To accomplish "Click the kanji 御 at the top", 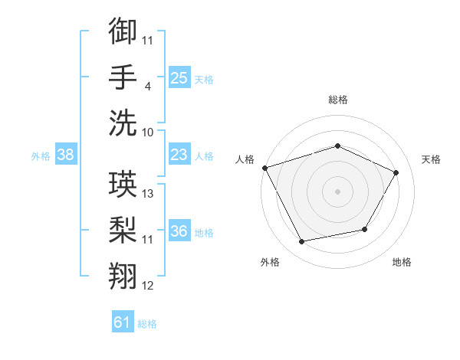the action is click(123, 31).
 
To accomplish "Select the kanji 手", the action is click(123, 77).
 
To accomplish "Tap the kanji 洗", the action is click(123, 123).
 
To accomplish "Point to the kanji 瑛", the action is click(123, 184).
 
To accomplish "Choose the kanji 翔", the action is click(123, 276).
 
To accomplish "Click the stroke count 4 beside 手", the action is click(147, 87).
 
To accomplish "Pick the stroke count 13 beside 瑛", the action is click(147, 194).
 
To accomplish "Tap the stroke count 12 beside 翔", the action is click(147, 286).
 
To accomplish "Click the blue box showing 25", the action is click(179, 77).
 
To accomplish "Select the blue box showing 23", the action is click(179, 154).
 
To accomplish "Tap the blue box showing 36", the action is click(179, 230).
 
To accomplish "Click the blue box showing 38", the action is click(66, 154).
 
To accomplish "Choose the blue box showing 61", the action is click(123, 321).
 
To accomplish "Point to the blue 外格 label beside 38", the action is click(41, 156).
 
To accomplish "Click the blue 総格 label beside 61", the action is click(147, 324).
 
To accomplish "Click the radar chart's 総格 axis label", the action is click(338, 100).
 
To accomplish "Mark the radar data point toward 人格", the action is click(265, 168).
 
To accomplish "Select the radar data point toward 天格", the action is click(396, 172).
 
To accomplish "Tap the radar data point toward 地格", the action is click(365, 229).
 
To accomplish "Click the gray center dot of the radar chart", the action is click(337, 191).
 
